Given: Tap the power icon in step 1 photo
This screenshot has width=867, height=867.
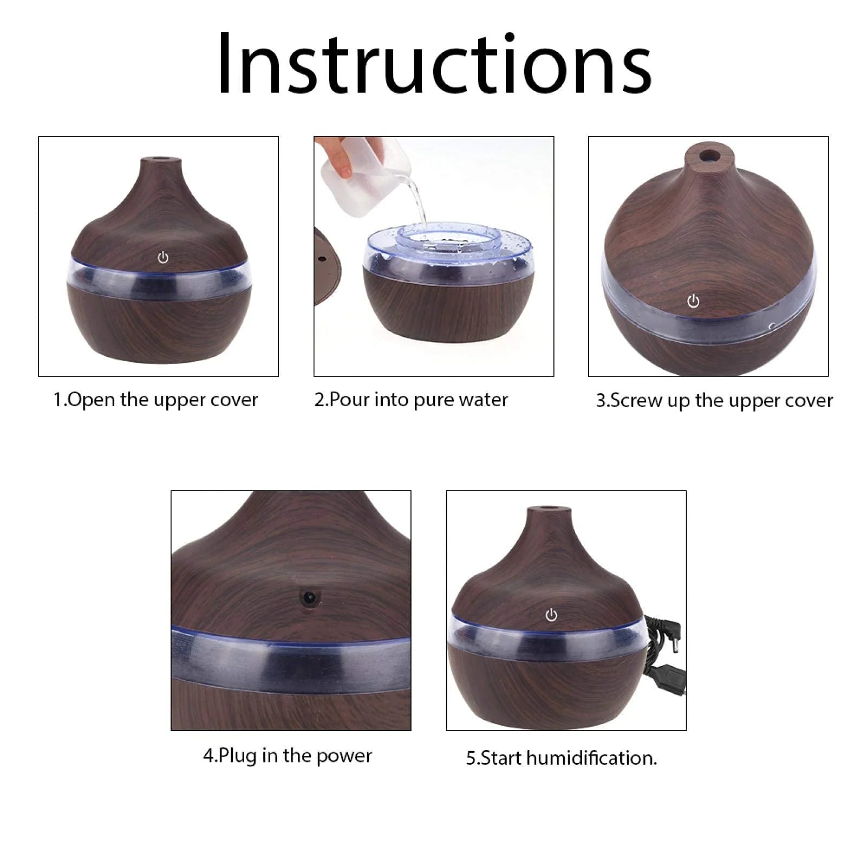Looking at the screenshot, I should [x=163, y=258].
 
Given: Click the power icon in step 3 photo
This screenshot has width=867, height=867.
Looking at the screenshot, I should [x=693, y=301].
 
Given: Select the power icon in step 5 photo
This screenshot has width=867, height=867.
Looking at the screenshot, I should [x=551, y=615].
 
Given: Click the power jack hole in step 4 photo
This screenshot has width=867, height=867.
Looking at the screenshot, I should [x=309, y=598].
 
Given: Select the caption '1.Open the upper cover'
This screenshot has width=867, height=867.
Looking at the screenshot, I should [x=155, y=400].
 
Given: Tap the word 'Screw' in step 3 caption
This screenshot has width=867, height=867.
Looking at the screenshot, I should [x=637, y=401].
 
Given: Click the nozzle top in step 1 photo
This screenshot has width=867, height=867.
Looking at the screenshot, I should [x=161, y=160].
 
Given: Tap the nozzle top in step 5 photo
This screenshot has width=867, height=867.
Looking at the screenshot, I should [x=550, y=509].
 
